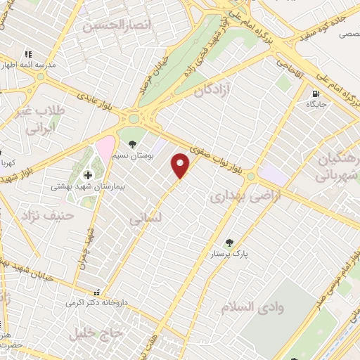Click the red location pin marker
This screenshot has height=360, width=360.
point(181,165)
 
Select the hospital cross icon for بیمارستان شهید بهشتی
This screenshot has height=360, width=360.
point(88,175)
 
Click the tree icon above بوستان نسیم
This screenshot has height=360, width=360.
point(133,146)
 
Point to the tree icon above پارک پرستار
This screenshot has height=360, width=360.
point(229,243)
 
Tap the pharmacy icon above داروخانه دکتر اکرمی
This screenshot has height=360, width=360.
point(98,292)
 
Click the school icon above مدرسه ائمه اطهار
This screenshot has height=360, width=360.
point(28,53)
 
